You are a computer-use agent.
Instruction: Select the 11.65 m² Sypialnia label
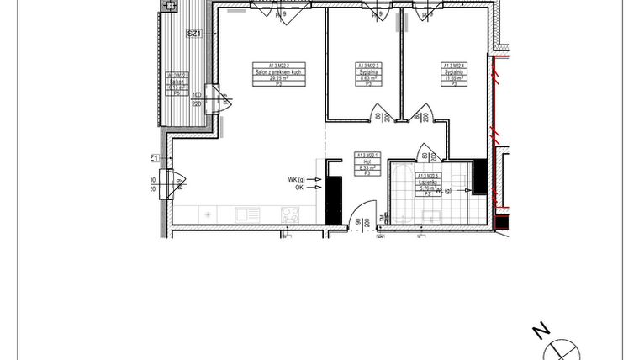click(x=455, y=74)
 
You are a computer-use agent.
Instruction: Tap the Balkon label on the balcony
click(x=176, y=81)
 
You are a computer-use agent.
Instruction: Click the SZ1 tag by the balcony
click(x=194, y=34)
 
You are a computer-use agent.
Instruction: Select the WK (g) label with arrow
click(x=299, y=179)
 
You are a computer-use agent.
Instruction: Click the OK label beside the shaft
click(x=301, y=188)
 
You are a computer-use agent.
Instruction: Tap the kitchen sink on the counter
click(x=246, y=215)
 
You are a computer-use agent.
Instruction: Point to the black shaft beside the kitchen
click(x=334, y=201)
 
